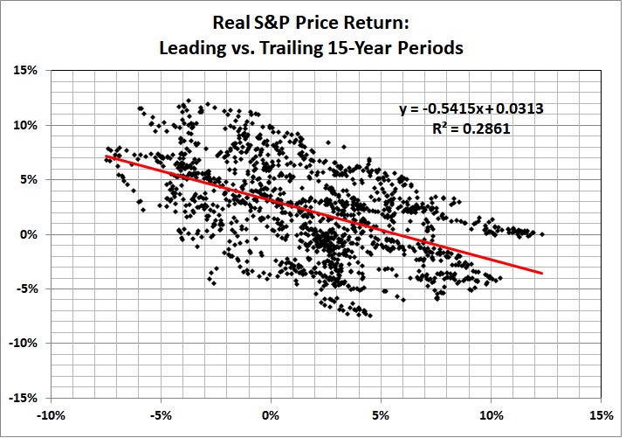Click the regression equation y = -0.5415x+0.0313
472,109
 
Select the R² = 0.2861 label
472,128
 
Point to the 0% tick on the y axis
31,234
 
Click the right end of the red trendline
543,273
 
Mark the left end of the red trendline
106,156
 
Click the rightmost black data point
542,234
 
